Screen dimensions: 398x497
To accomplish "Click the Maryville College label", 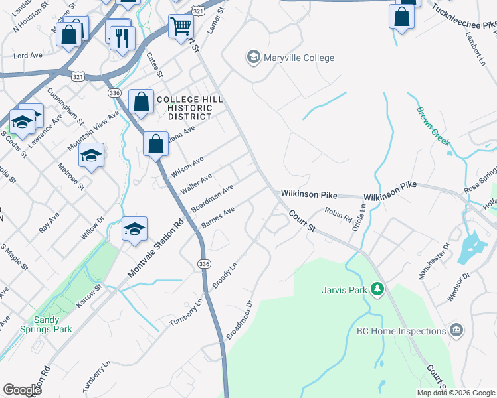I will pos(299,58).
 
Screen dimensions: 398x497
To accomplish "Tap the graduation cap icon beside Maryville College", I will pos(253,58).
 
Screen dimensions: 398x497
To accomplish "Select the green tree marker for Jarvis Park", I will pos(377,289).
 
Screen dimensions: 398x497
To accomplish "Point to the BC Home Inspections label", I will pos(401,331).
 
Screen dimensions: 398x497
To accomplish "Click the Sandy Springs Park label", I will pos(72,324).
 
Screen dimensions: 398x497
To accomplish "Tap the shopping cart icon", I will pos(181,27).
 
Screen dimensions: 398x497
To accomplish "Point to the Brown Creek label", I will pos(433,126).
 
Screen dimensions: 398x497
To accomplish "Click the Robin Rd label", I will pos(338,215).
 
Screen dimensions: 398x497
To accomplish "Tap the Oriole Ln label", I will pos(363,216).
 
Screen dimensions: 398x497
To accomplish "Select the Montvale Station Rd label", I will pos(155,249).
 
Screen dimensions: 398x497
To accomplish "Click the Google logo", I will pos(22,390).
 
